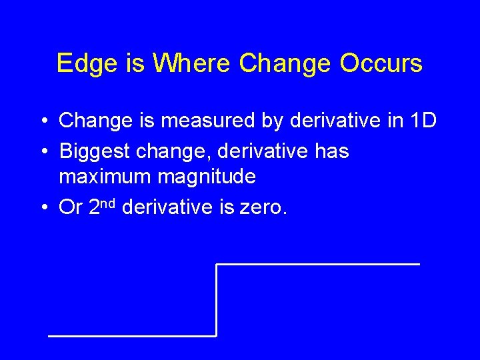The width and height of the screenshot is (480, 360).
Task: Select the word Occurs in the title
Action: (x=381, y=63)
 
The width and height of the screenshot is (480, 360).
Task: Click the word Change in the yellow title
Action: (x=284, y=63)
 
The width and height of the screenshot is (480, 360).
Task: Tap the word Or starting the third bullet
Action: (x=71, y=208)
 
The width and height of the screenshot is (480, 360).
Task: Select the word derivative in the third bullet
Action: (x=169, y=208)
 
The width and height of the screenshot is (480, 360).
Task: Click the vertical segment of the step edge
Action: (x=217, y=300)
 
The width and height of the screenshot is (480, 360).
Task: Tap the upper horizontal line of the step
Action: (x=318, y=265)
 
